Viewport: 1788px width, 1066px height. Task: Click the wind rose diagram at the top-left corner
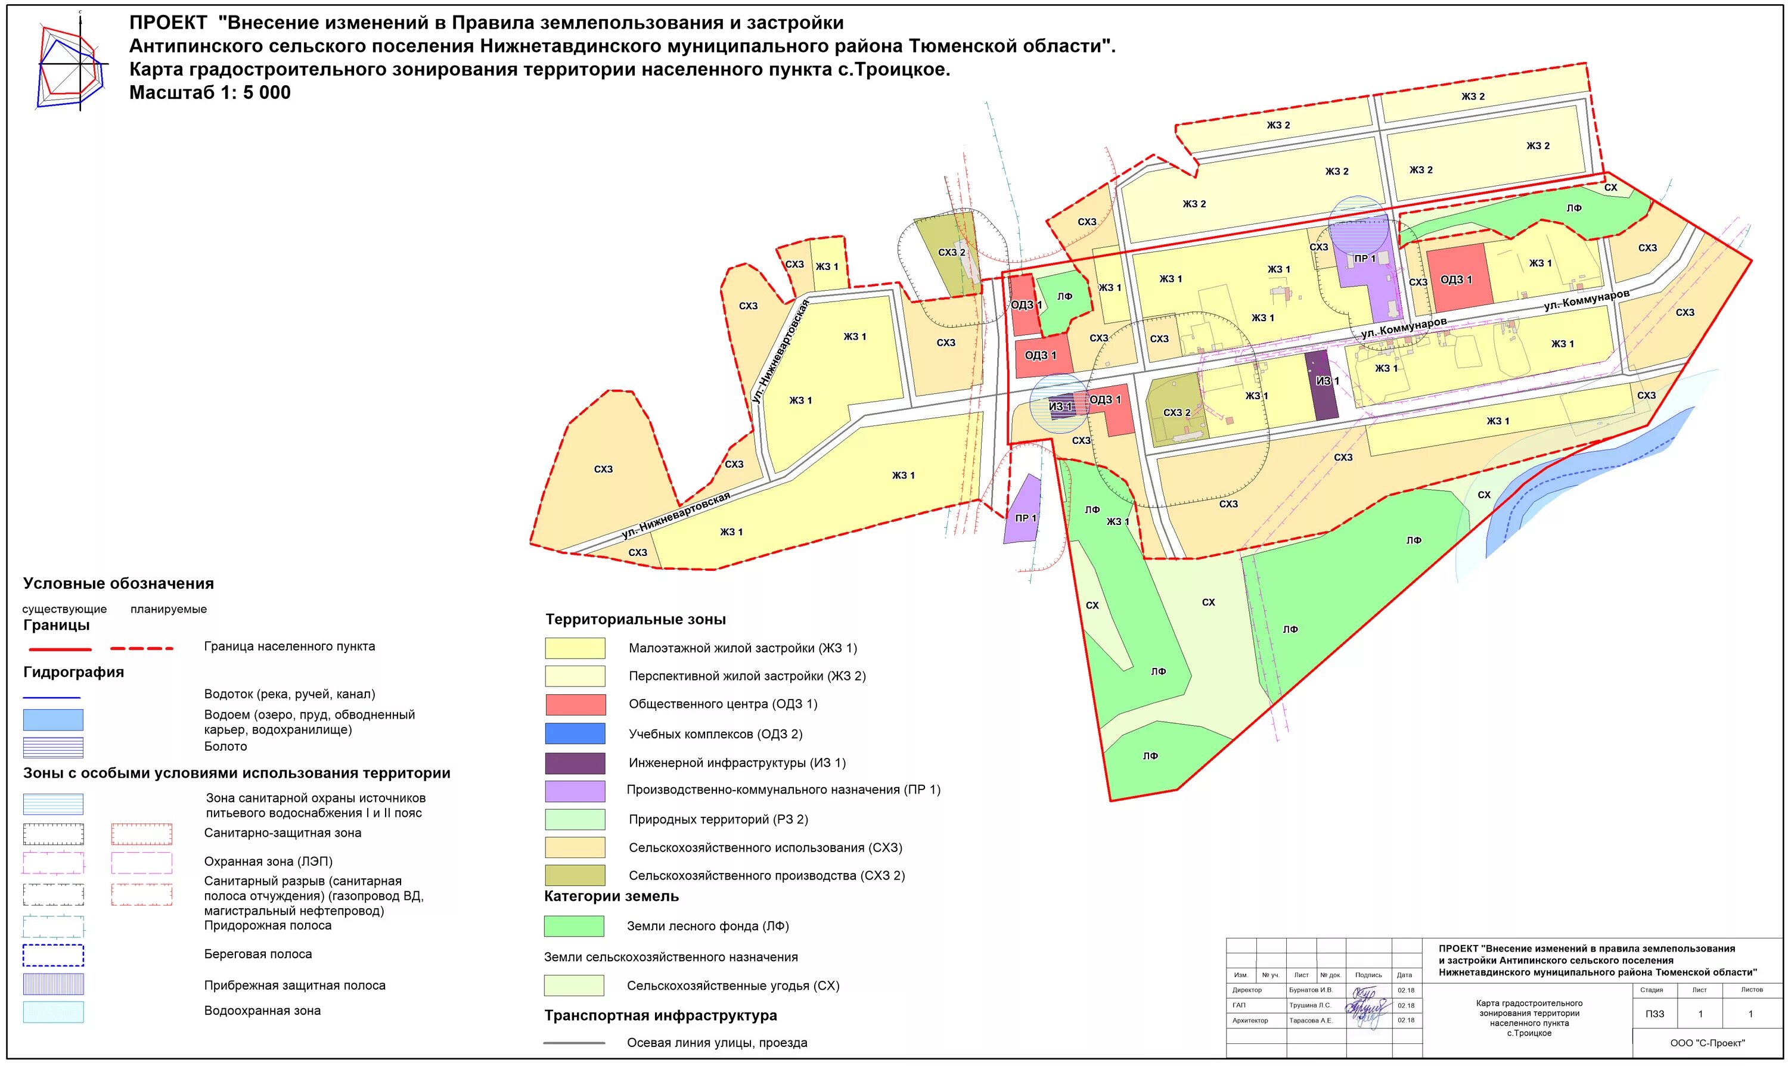[x=72, y=64]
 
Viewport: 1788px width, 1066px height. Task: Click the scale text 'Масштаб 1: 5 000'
[x=210, y=93]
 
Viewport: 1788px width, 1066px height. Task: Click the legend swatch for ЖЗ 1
[x=575, y=648]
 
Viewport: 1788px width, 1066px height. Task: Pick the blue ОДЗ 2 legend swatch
[x=575, y=734]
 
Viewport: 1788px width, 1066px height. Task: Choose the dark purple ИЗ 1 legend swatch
[x=575, y=763]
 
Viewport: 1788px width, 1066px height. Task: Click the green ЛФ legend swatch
[x=574, y=926]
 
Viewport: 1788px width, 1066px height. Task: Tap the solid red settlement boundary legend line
[x=60, y=649]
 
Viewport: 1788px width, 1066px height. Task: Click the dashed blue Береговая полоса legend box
[x=53, y=955]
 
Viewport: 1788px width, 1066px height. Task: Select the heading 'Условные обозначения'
[x=119, y=583]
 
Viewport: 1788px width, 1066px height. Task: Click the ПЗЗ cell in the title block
[x=1654, y=1014]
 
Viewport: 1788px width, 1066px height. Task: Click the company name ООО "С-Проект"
[x=1707, y=1043]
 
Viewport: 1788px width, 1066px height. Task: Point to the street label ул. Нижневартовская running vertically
[x=781, y=352]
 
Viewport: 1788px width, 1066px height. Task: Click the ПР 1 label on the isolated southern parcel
[x=1025, y=518]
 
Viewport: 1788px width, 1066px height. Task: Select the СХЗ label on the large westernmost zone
[x=603, y=469]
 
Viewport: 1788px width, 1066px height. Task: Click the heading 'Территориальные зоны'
[x=635, y=619]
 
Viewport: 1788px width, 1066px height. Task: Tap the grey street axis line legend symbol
[x=574, y=1043]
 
